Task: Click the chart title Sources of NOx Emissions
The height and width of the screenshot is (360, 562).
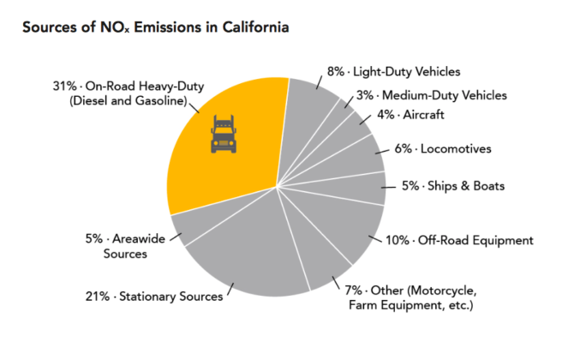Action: point(154,27)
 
